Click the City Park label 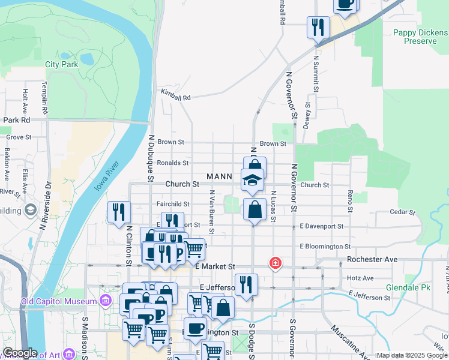click(x=61, y=64)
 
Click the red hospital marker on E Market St click(x=276, y=263)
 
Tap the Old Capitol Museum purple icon click(x=106, y=300)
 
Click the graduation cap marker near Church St click(x=253, y=179)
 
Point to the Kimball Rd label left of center click(x=175, y=96)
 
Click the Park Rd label click(x=16, y=120)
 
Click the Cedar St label click(x=402, y=212)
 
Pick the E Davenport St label click(x=322, y=227)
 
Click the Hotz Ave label click(x=360, y=278)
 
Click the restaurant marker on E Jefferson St click(x=246, y=284)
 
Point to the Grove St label click(x=19, y=137)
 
